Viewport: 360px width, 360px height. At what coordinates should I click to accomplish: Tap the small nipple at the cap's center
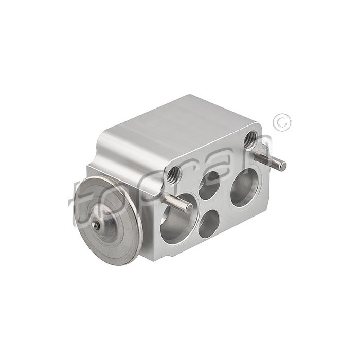tap(95, 225)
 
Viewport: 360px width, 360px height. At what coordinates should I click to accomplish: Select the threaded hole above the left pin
tap(174, 175)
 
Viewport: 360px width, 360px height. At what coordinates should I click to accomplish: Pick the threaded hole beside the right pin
tap(250, 138)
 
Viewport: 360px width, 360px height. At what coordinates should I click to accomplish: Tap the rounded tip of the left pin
tap(189, 208)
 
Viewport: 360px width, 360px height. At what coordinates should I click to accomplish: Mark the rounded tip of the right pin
tap(282, 166)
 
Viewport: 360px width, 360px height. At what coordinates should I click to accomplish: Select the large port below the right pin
tap(243, 188)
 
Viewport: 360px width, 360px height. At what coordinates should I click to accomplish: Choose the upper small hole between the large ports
tap(209, 185)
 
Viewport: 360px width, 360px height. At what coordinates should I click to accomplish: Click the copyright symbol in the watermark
tap(282, 122)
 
